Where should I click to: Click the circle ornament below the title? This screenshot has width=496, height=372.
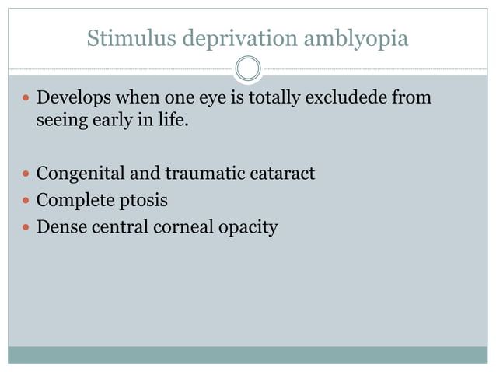(x=248, y=68)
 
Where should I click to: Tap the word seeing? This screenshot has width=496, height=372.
(x=61, y=121)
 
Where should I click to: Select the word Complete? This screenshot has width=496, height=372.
(x=73, y=201)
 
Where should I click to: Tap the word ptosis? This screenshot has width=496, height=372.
(x=142, y=201)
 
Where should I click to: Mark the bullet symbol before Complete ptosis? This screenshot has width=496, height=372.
(x=26, y=201)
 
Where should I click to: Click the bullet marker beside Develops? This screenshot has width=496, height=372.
(x=26, y=100)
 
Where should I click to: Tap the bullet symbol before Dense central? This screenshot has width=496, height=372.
(x=26, y=228)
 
